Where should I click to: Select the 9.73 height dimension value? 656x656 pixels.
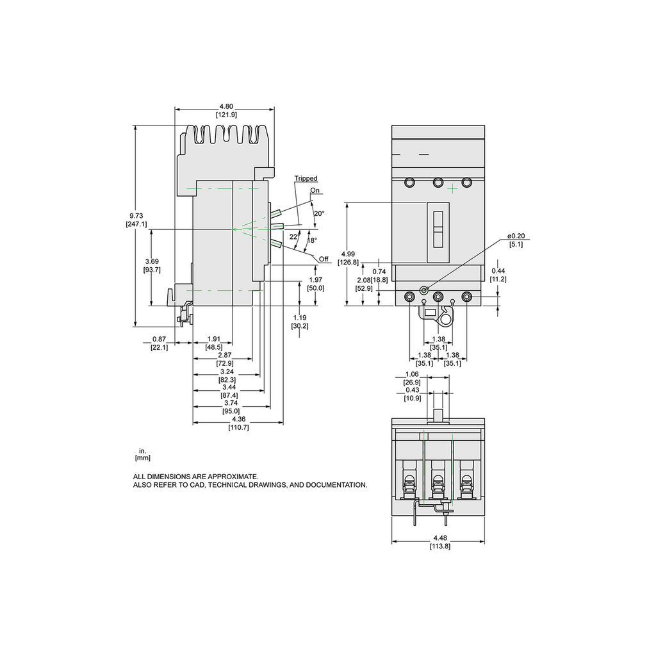tap(136, 216)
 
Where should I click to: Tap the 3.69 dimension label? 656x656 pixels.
tap(152, 261)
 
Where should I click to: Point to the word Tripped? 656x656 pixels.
tap(306, 179)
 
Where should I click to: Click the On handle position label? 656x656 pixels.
tap(315, 190)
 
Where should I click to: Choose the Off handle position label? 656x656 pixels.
tap(324, 259)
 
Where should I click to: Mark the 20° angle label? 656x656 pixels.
tap(318, 213)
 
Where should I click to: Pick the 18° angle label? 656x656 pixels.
tap(312, 240)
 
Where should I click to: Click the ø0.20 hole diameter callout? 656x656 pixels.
tap(516, 236)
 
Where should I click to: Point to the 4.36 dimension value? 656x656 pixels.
tap(238, 420)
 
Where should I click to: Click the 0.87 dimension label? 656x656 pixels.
tap(160, 339)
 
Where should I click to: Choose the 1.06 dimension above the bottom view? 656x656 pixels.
tap(412, 375)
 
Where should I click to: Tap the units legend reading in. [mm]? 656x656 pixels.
tap(142, 455)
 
